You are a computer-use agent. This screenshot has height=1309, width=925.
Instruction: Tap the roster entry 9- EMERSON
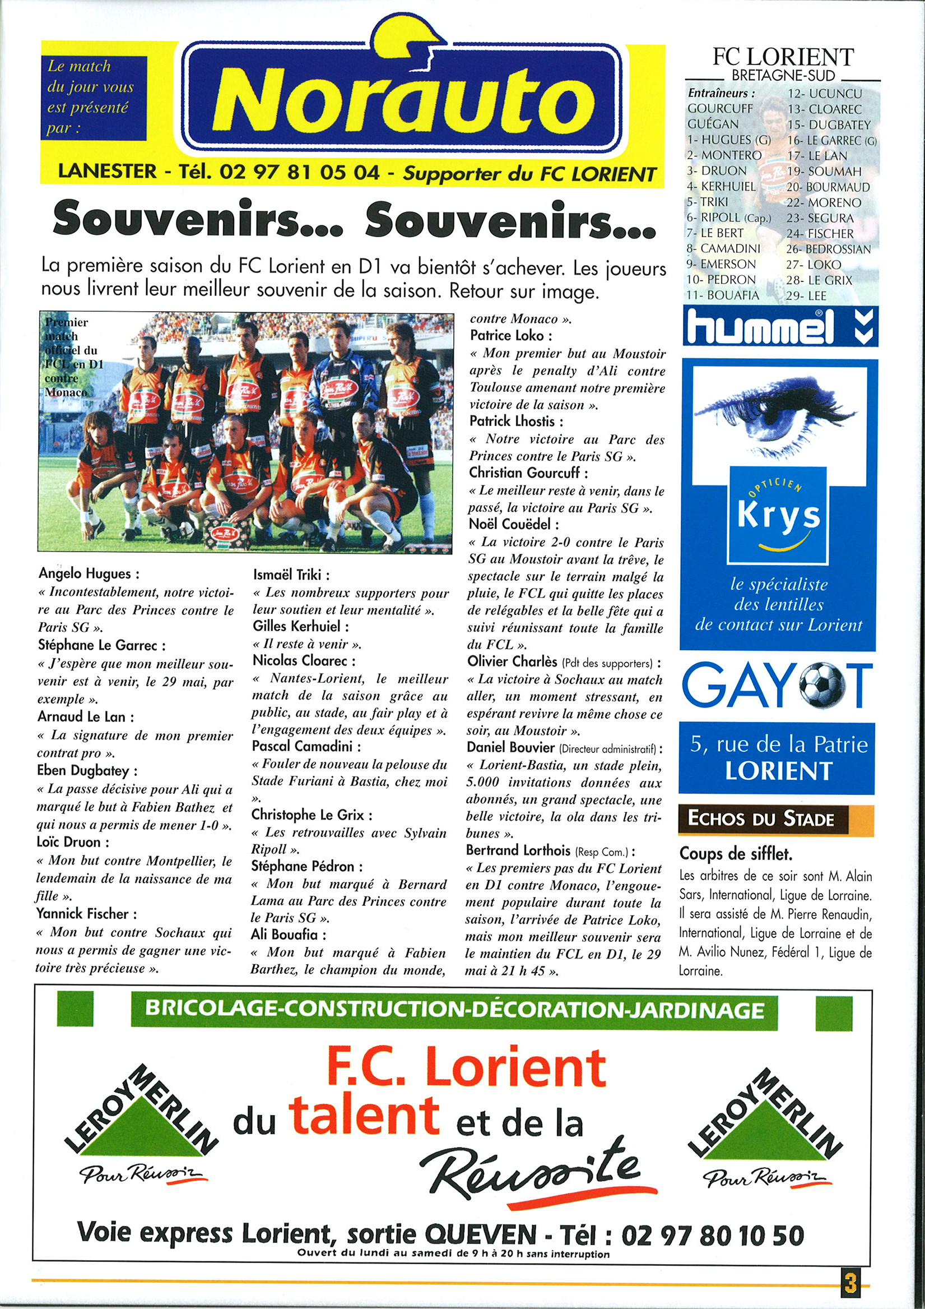click(721, 265)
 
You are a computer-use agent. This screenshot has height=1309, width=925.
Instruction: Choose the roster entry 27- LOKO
click(814, 265)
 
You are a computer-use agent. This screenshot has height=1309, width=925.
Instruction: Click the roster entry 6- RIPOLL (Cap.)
click(728, 218)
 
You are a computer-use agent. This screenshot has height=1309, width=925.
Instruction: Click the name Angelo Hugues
click(89, 573)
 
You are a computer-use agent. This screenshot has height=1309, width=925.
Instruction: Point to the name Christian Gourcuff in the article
click(528, 473)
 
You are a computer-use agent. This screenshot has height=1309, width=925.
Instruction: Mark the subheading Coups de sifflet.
click(735, 854)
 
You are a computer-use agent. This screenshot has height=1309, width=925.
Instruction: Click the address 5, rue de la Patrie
click(779, 745)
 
